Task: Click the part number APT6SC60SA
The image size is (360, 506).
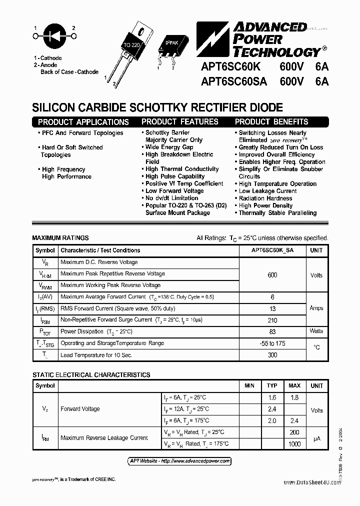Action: click(233, 81)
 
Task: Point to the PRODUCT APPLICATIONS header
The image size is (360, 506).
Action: click(83, 122)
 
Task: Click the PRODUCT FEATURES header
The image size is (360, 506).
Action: click(179, 121)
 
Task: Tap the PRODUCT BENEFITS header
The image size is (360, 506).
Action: click(271, 121)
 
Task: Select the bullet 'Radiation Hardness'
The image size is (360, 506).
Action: click(265, 198)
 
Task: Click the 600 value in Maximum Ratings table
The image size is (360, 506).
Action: click(272, 275)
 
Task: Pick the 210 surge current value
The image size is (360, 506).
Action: click(272, 319)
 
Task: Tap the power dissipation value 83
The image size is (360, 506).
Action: click(272, 331)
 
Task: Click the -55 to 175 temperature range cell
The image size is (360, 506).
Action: click(272, 343)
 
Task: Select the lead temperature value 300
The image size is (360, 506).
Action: click(272, 354)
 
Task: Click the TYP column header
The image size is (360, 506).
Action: click(272, 385)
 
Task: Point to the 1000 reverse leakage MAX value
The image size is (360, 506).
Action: click(294, 443)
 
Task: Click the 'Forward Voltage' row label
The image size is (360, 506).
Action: click(80, 409)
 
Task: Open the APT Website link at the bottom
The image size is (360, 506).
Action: click(177, 460)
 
